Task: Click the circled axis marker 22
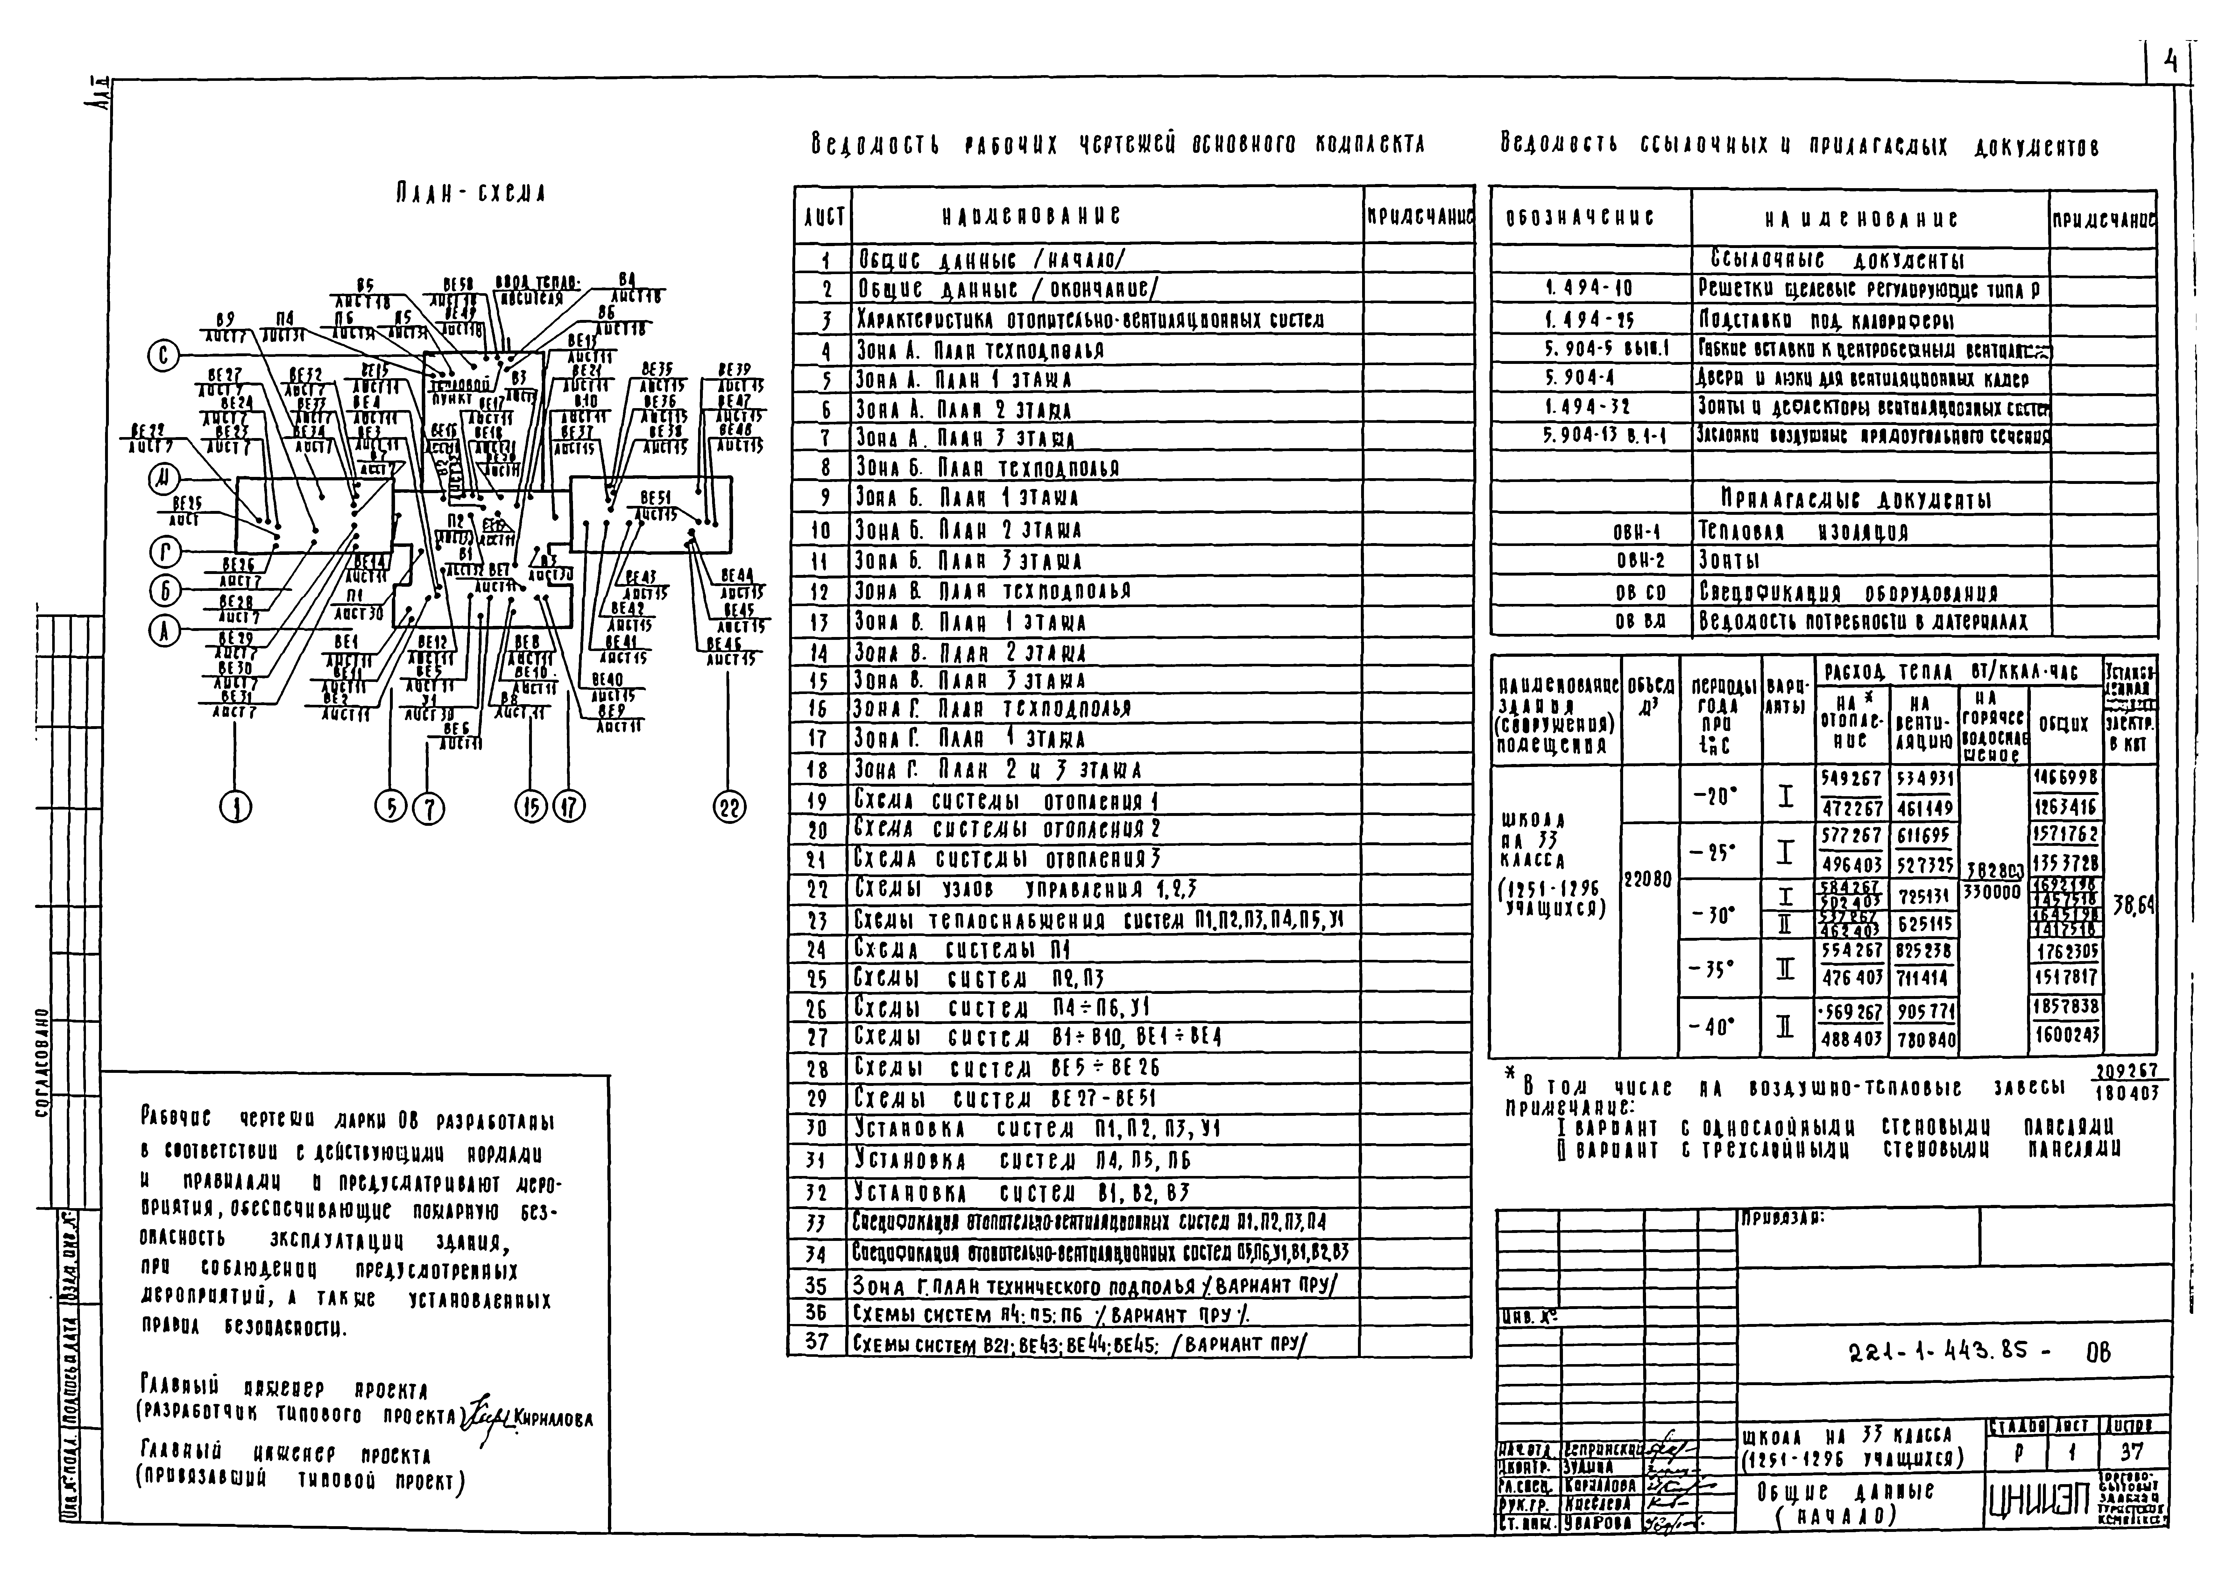coord(731,808)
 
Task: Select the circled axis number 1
coord(235,808)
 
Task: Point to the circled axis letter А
coord(163,632)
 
